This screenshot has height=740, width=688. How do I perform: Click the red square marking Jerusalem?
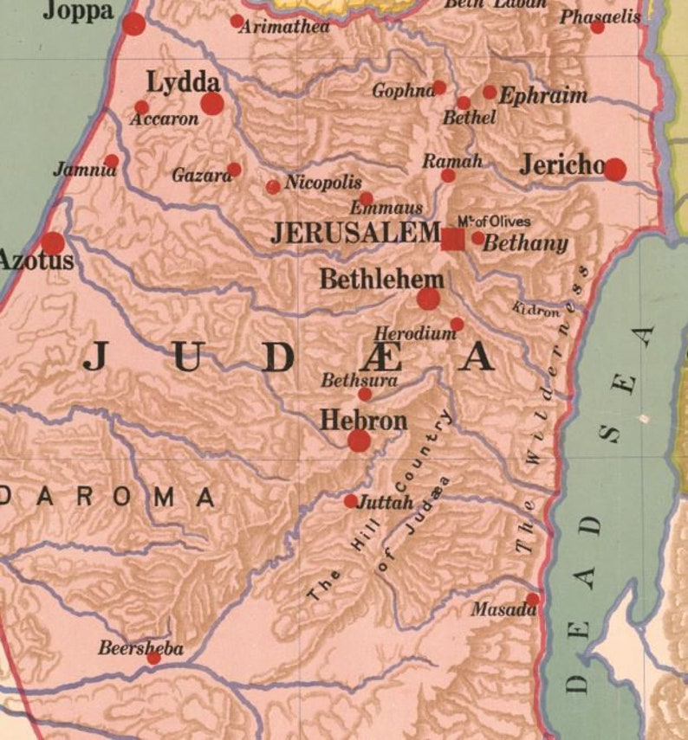[452, 239]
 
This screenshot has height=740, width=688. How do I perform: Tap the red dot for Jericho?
[614, 169]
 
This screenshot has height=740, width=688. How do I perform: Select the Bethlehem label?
[381, 280]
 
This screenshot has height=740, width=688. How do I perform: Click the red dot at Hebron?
[359, 441]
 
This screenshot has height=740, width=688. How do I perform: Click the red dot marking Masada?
[532, 599]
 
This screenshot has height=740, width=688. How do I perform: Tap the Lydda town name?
[183, 83]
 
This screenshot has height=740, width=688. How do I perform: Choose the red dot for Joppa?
[133, 24]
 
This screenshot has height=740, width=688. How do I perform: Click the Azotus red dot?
[53, 243]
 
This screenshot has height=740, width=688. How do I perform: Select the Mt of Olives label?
[494, 222]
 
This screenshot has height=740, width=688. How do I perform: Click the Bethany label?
[525, 243]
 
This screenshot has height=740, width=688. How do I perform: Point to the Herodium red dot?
[457, 325]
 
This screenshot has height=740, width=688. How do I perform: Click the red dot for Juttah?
[350, 501]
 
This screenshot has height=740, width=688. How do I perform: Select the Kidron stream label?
[535, 310]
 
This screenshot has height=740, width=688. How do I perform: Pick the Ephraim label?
[543, 96]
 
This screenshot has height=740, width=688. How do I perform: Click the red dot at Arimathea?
[237, 21]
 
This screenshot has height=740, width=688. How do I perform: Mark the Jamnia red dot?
[112, 160]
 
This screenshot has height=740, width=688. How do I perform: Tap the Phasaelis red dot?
[597, 27]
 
